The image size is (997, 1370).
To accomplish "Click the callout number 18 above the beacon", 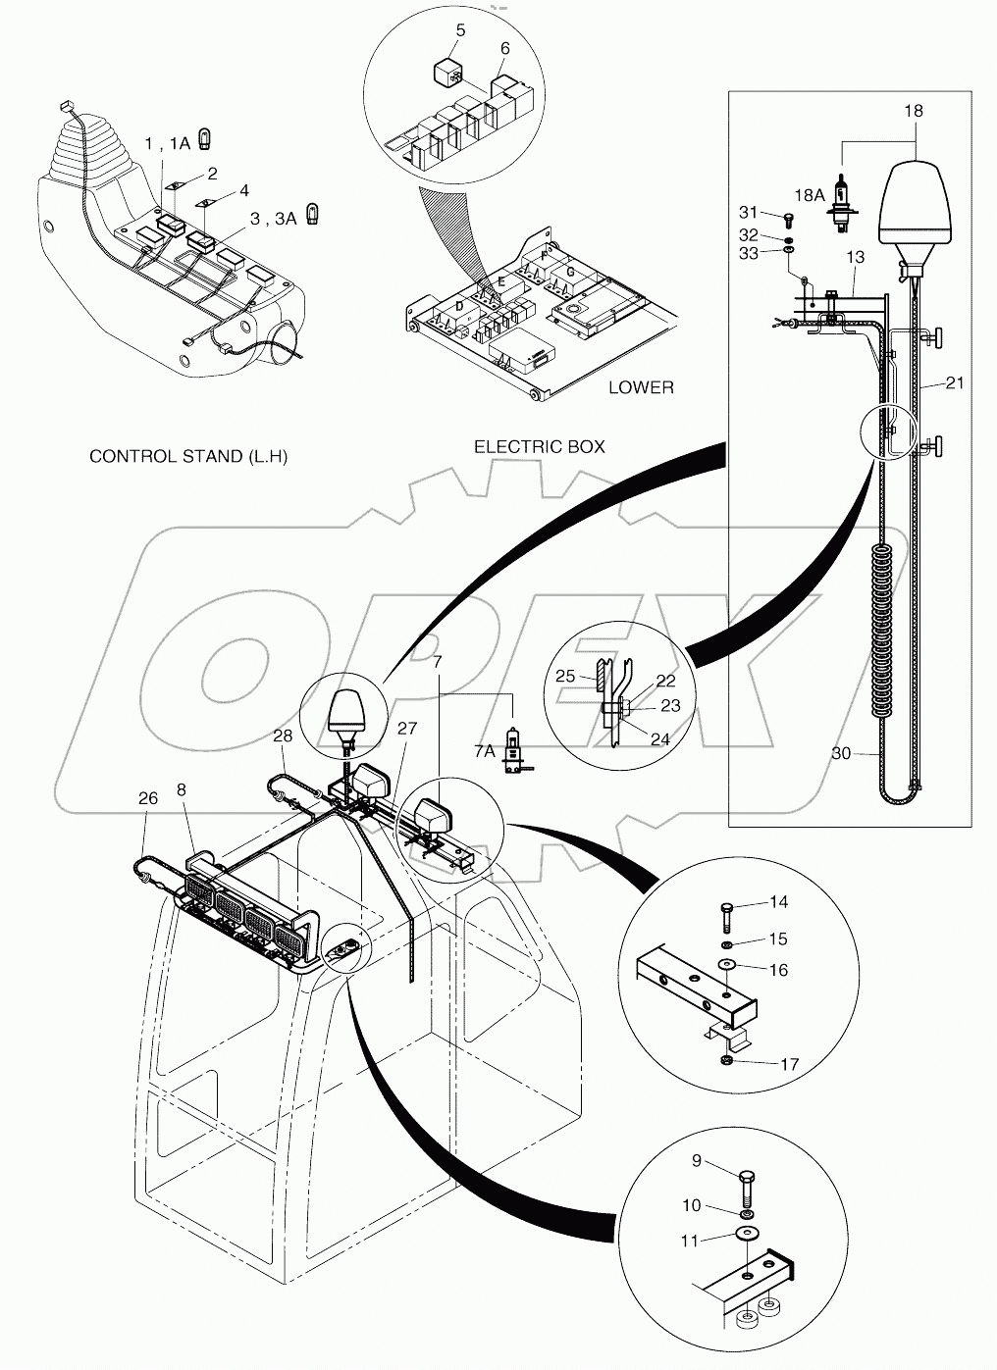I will [913, 111].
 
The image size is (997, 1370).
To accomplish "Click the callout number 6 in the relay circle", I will [504, 48].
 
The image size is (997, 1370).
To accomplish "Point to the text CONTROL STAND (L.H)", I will [188, 456].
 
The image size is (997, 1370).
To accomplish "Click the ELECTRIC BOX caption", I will [540, 446].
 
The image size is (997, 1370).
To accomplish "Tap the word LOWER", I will [641, 387].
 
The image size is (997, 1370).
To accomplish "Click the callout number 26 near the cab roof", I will [147, 798].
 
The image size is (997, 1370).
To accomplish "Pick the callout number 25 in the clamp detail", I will [566, 677].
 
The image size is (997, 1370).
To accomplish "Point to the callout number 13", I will [855, 257].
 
